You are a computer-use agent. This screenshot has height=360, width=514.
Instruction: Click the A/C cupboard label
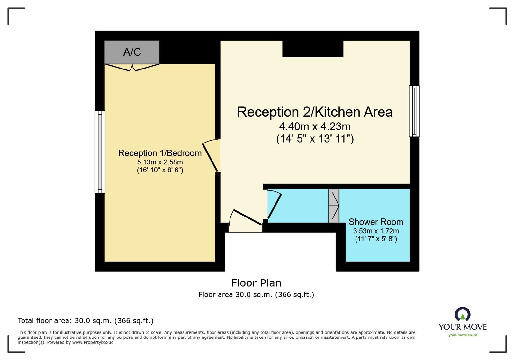pyautogui.click(x=132, y=52)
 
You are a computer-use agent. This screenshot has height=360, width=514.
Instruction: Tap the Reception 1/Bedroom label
pyautogui.click(x=160, y=153)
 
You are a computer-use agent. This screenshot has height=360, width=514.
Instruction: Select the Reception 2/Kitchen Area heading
pyautogui.click(x=315, y=112)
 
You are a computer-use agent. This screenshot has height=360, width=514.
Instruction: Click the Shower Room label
pyautogui.click(x=376, y=222)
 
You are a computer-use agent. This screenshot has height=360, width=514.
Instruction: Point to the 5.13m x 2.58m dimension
pyautogui.click(x=160, y=162)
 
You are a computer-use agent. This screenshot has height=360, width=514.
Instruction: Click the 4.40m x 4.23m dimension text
pyautogui.click(x=315, y=126)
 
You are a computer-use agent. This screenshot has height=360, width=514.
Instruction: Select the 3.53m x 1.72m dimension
pyautogui.click(x=376, y=231)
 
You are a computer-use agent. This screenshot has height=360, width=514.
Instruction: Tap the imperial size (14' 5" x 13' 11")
pyautogui.click(x=315, y=139)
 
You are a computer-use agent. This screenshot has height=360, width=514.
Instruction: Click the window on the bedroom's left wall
pyautogui.click(x=100, y=152)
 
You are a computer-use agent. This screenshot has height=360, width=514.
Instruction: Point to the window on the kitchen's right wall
pyautogui.click(x=414, y=111)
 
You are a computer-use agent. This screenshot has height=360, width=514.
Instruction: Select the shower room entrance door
pyautogui.click(x=274, y=205)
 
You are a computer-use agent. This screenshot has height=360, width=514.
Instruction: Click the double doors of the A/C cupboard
pyautogui.click(x=132, y=67)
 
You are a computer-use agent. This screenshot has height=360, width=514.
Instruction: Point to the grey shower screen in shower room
pyautogui.click(x=334, y=206)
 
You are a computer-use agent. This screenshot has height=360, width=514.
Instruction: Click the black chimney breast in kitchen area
pyautogui.click(x=312, y=49)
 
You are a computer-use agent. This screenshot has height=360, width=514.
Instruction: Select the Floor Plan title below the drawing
pyautogui.click(x=256, y=283)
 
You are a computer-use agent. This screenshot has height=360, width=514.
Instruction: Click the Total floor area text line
pyautogui.click(x=86, y=321)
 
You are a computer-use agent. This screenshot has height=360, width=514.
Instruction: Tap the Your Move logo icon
pyautogui.click(x=463, y=314)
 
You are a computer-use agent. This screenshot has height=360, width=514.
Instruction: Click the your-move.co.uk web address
pyautogui.click(x=463, y=335)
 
